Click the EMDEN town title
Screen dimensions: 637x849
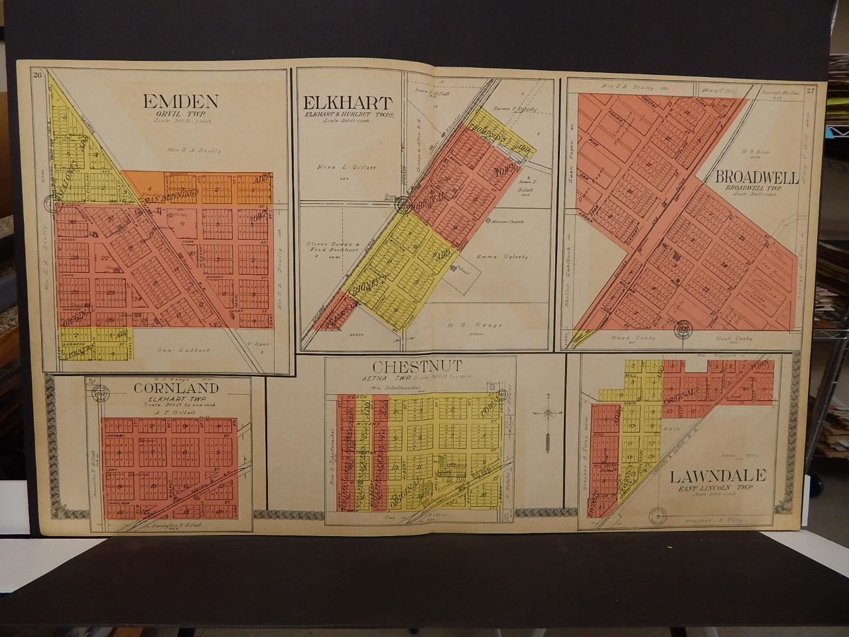[x=180, y=101]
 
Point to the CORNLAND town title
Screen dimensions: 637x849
[x=168, y=388]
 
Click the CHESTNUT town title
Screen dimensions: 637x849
[x=407, y=366]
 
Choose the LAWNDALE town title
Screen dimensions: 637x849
[x=718, y=475]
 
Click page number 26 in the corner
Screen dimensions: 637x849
[x=38, y=75]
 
